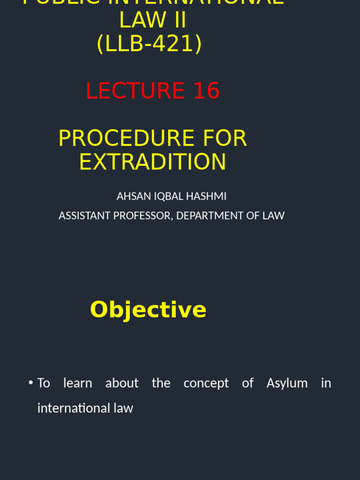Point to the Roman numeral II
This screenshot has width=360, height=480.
click(176, 20)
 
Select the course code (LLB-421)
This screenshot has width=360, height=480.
click(149, 44)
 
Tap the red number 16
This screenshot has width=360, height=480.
click(206, 90)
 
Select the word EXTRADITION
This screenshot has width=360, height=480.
click(152, 162)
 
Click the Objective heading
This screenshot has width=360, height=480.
click(148, 309)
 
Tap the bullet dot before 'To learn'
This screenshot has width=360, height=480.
click(30, 382)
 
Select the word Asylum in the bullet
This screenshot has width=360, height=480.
click(287, 383)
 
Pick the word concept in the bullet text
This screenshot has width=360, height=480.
click(206, 383)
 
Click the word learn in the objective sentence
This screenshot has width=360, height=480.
click(78, 383)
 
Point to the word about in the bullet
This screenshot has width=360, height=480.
click(122, 383)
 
